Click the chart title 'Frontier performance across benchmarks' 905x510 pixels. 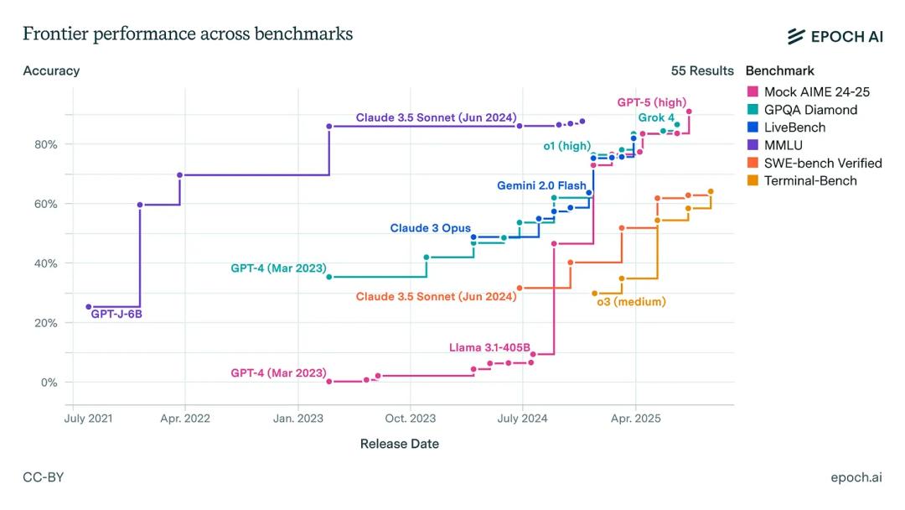[x=188, y=34]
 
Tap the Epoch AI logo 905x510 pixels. [x=835, y=35]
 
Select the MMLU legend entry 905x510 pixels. [x=783, y=145]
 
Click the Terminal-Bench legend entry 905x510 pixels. [x=810, y=180]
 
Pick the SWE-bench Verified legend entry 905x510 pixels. [x=822, y=163]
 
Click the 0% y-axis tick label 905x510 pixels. [x=48, y=382]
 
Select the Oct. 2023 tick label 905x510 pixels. [x=410, y=418]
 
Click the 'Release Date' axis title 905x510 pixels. [x=399, y=444]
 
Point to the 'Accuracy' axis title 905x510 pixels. [x=51, y=70]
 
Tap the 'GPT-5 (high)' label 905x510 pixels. [x=652, y=102]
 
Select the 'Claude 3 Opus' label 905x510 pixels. [x=430, y=228]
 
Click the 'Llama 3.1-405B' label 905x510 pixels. [x=489, y=347]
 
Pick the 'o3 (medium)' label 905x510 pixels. [x=631, y=302]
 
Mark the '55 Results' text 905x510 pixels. [x=702, y=70]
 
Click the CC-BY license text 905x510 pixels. [x=43, y=477]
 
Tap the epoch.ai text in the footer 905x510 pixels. [x=856, y=477]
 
